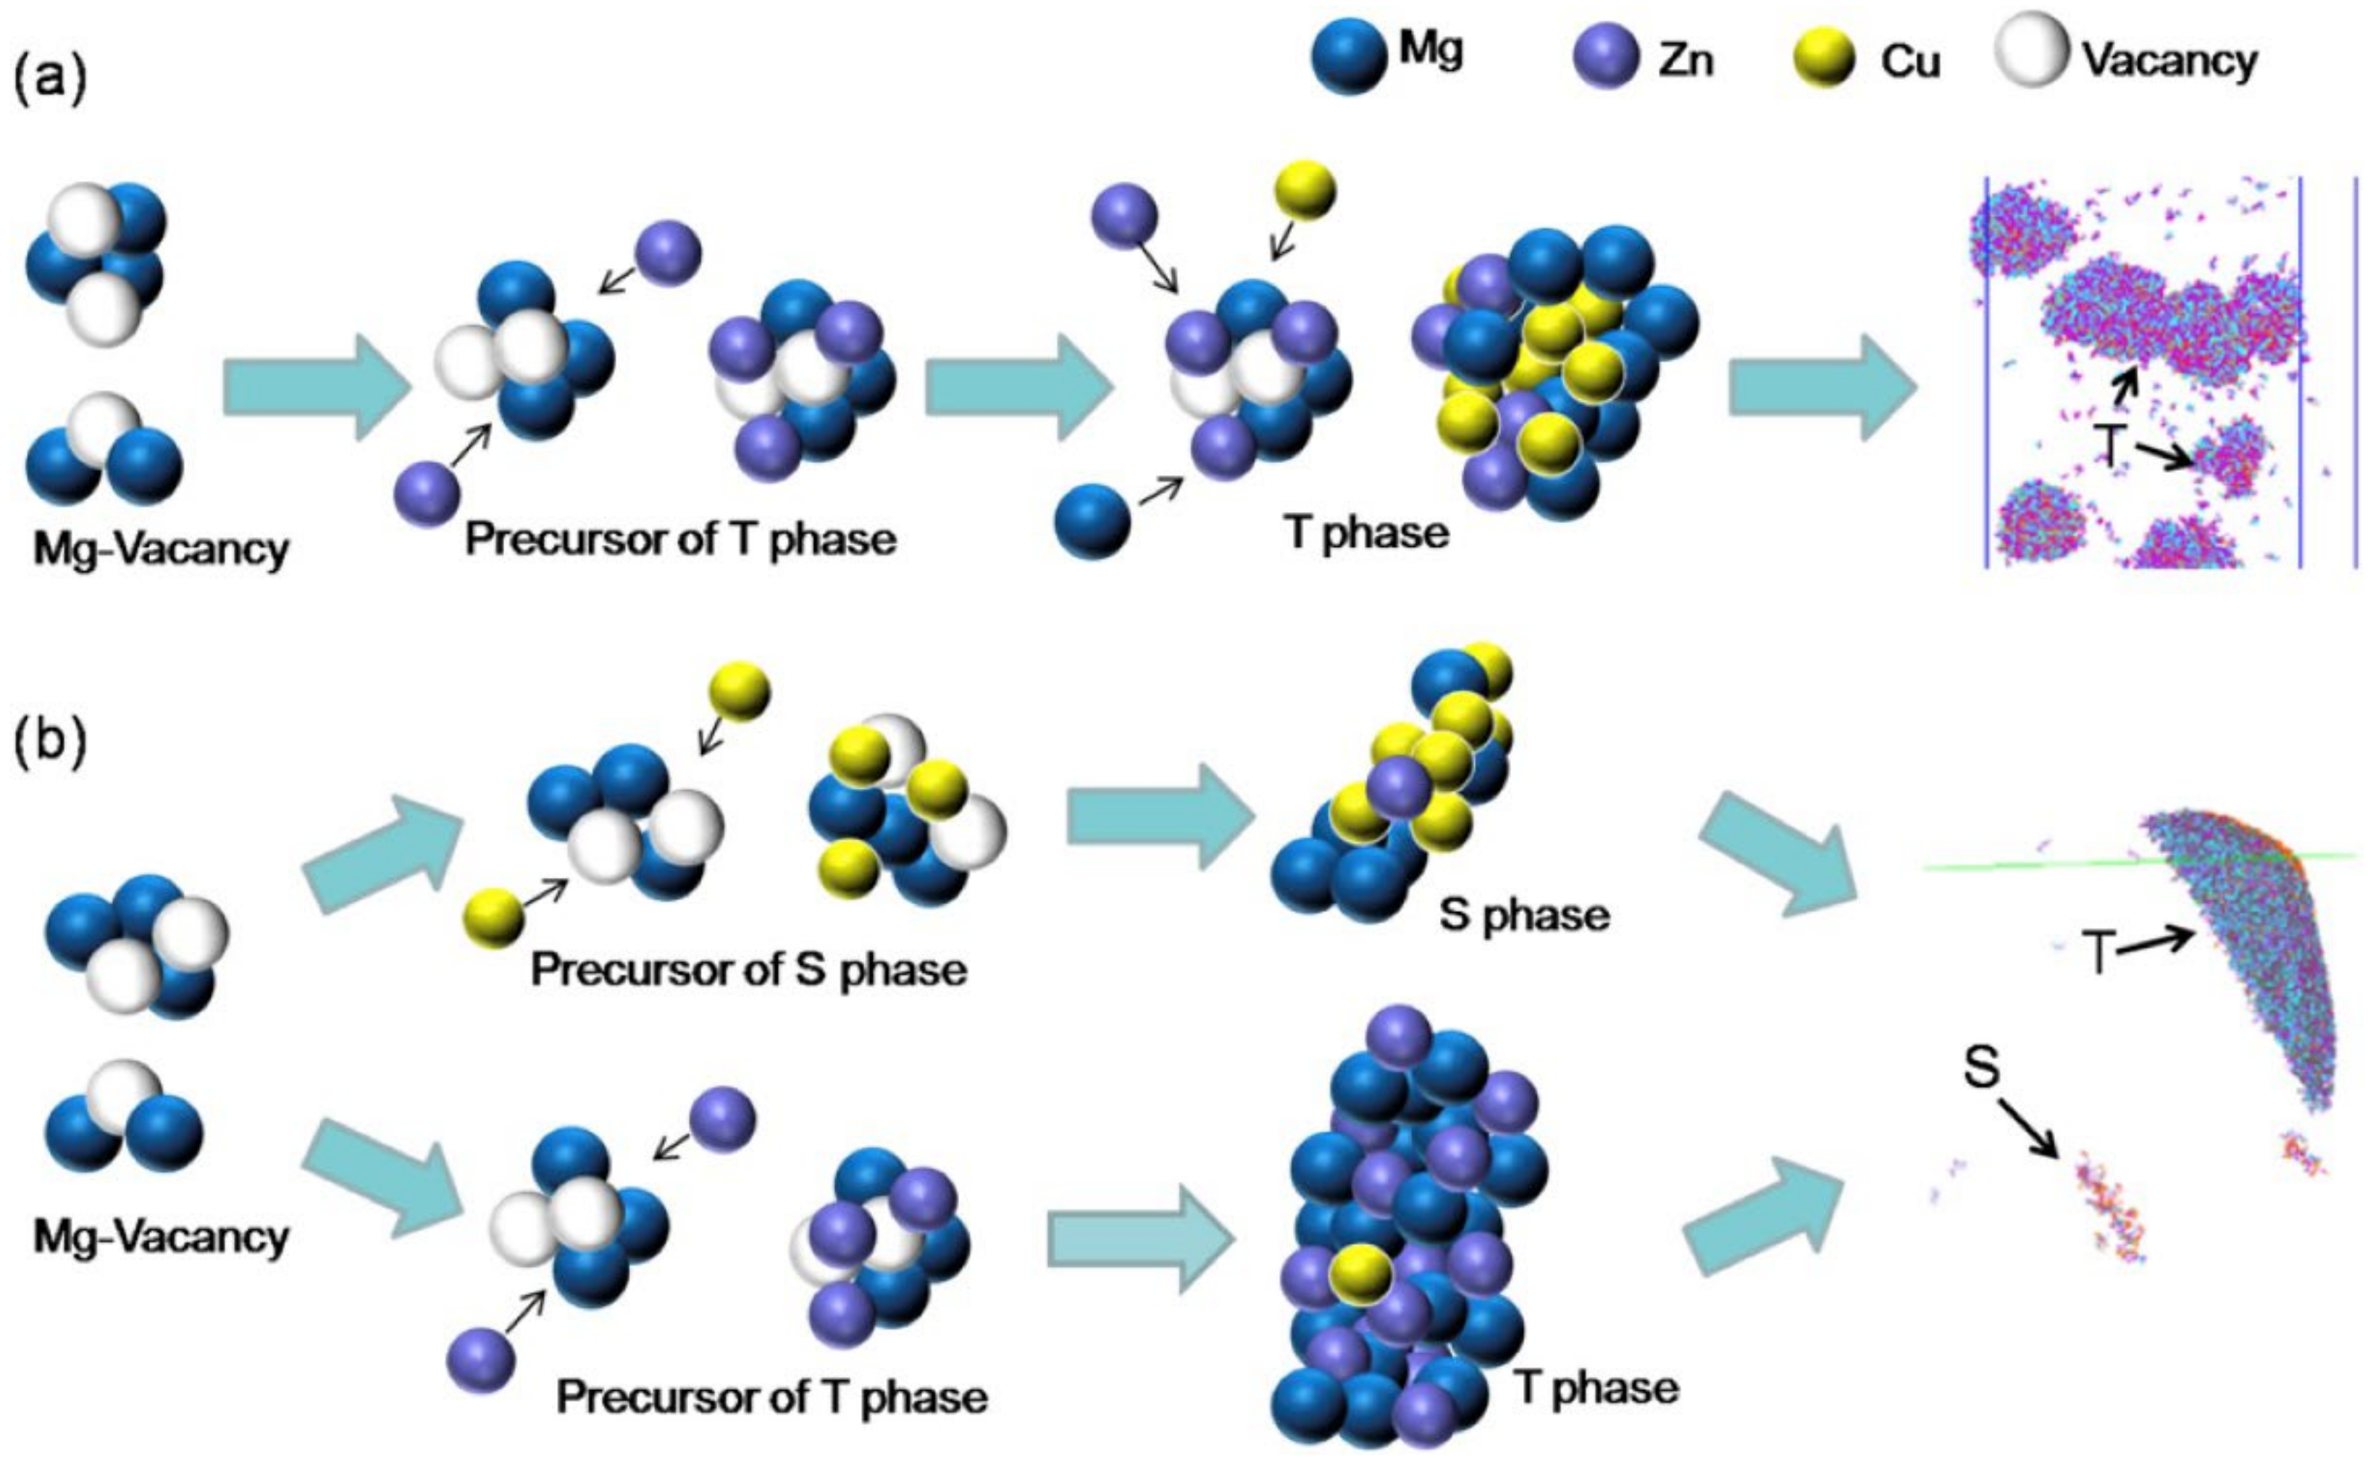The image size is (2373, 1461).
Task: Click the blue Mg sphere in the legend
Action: [1349, 57]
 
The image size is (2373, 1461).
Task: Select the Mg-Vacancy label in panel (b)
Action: [160, 1237]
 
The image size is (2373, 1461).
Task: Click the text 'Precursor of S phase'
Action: [749, 969]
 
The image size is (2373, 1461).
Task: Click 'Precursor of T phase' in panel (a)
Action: [680, 539]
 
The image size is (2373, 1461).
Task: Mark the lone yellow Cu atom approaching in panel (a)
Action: [1305, 191]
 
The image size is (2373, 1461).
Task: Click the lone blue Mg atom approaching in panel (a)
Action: [1092, 521]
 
